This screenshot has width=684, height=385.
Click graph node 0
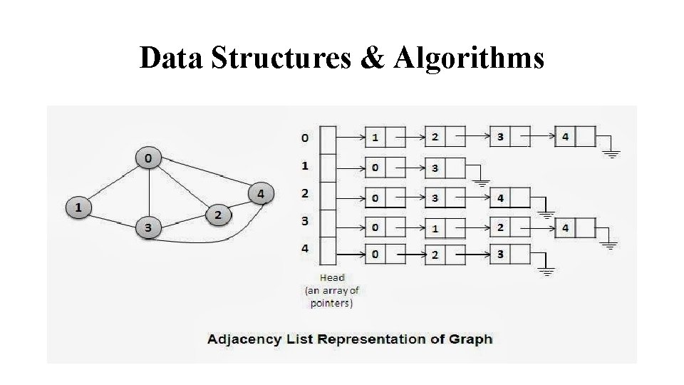pos(148,158)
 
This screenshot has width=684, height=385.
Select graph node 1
pos(78,207)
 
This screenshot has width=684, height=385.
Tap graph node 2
pos(217,214)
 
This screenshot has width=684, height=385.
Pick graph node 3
pos(148,228)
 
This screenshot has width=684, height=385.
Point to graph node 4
pos(261,193)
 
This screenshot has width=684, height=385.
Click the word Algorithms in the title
pos(467,58)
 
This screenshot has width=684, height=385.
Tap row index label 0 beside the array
pos(306,137)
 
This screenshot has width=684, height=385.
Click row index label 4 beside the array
pos(306,249)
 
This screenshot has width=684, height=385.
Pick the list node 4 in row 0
pos(565,136)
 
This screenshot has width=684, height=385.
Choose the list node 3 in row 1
pos(435,168)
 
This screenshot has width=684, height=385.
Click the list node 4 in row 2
pos(500,197)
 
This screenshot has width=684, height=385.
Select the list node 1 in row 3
pos(435,228)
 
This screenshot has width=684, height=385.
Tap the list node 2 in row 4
pos(435,255)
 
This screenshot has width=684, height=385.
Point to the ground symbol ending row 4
pos(546,270)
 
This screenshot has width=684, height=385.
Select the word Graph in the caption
pos(470,339)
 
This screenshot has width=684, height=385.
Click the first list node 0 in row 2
pos(375,197)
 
